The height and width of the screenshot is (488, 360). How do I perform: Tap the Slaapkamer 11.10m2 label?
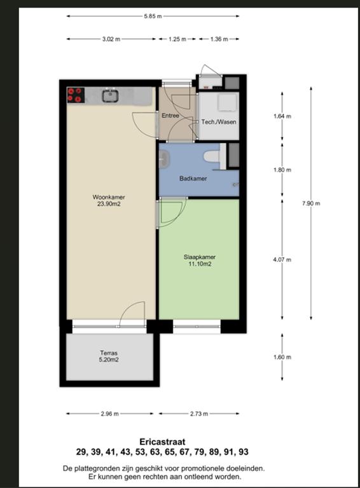(x=200, y=261)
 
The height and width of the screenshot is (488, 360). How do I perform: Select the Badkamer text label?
(x=193, y=179)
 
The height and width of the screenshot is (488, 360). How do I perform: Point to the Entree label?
(x=170, y=116)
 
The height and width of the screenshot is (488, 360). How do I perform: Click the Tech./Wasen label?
(x=219, y=122)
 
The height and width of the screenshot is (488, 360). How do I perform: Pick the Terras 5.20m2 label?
(x=109, y=356)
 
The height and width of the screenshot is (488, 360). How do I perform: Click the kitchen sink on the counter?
(x=111, y=95)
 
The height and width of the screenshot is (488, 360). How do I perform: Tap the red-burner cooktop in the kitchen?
(x=76, y=95)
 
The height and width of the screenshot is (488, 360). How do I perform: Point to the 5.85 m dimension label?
(x=153, y=16)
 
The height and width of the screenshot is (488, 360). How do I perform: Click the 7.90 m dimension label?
(x=311, y=203)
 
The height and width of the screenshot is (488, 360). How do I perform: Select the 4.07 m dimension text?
(x=282, y=259)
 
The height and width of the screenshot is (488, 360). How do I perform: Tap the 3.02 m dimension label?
(x=111, y=39)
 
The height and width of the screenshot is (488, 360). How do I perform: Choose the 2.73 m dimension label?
(x=199, y=414)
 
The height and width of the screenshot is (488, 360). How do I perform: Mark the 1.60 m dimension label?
(x=282, y=357)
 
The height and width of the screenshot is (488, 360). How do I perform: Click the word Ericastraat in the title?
(x=162, y=442)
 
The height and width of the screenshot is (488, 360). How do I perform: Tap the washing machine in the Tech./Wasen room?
(x=226, y=102)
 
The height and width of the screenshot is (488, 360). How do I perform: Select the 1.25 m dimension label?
(x=177, y=39)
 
